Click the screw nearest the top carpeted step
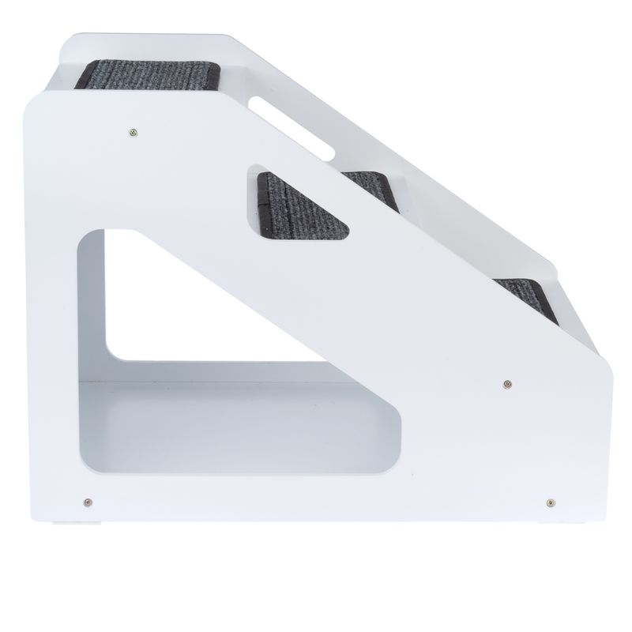click(x=133, y=131)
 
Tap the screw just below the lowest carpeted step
click(x=505, y=384)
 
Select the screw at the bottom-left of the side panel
click(x=88, y=500)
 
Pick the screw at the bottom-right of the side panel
click(x=549, y=500)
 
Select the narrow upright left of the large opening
click(x=56, y=355)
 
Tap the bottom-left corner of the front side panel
click(x=35, y=517)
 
